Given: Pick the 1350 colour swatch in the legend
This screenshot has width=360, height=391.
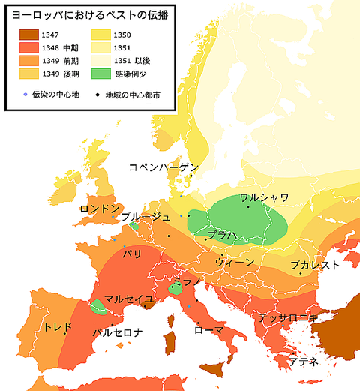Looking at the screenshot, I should pyautogui.click(x=100, y=35).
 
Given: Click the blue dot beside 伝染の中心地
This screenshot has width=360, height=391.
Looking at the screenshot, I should pyautogui.click(x=25, y=95).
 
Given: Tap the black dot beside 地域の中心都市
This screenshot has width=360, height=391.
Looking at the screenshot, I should pyautogui.click(x=97, y=95).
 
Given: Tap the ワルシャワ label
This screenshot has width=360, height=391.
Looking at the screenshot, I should pyautogui.click(x=264, y=198).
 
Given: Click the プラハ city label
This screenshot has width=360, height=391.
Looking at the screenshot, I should pyautogui.click(x=223, y=236).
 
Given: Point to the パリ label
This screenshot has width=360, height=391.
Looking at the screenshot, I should pyautogui.click(x=132, y=254).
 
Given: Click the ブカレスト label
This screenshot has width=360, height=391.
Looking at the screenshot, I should pyautogui.click(x=315, y=264).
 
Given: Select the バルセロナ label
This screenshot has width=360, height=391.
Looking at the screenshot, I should pyautogui.click(x=117, y=331).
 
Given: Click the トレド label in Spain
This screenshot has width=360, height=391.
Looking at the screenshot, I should pyautogui.click(x=58, y=327).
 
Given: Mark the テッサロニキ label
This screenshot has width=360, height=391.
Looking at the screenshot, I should pyautogui.click(x=287, y=317).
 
